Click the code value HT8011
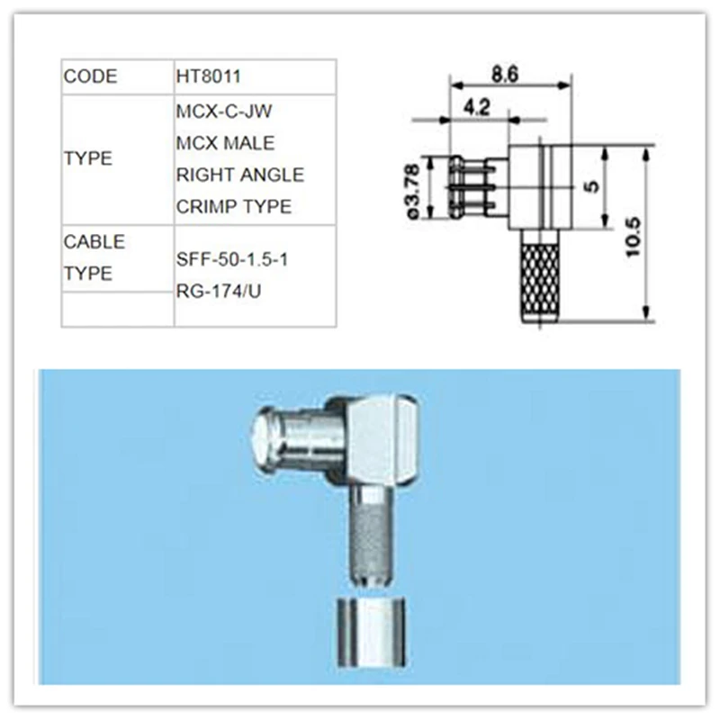(x=209, y=76)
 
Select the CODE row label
(x=90, y=76)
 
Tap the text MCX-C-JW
(x=224, y=112)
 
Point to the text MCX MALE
(x=225, y=143)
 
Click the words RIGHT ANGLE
(x=239, y=175)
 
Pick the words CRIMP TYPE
(x=234, y=206)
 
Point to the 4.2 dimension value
(x=477, y=108)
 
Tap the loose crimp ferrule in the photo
(x=370, y=632)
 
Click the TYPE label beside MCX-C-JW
(x=88, y=158)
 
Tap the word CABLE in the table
(x=94, y=242)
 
